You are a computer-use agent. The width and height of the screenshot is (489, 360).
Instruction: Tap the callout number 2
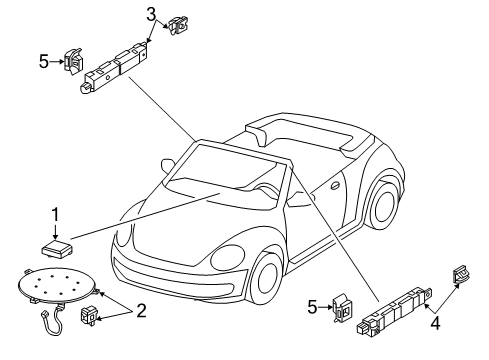click(x=141, y=311)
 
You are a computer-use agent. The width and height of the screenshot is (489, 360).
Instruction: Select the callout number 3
click(x=151, y=15)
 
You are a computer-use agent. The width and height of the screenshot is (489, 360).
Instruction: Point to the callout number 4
click(x=435, y=323)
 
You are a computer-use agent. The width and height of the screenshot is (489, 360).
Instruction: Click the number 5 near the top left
click(x=44, y=62)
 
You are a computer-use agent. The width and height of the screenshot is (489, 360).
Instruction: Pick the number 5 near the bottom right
click(x=312, y=307)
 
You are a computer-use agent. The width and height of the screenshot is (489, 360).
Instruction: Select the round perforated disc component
click(x=57, y=284)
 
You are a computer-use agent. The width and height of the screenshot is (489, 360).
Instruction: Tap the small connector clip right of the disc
click(x=89, y=315)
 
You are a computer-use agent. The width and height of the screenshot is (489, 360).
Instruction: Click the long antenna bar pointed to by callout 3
click(x=114, y=67)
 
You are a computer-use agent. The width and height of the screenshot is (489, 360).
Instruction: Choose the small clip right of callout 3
click(x=179, y=26)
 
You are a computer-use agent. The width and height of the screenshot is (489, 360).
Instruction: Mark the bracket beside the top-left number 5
click(x=73, y=61)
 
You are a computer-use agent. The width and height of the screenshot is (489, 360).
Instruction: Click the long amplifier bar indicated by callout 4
click(x=394, y=311)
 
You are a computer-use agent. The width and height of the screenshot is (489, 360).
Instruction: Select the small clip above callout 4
click(x=460, y=274)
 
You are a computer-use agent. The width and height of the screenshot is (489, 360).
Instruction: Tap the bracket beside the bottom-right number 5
click(x=342, y=307)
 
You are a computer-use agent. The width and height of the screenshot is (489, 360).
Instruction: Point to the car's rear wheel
click(x=383, y=204)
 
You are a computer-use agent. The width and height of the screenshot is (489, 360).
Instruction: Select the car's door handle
click(x=335, y=185)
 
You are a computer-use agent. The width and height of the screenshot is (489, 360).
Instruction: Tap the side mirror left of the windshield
click(x=168, y=165)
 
